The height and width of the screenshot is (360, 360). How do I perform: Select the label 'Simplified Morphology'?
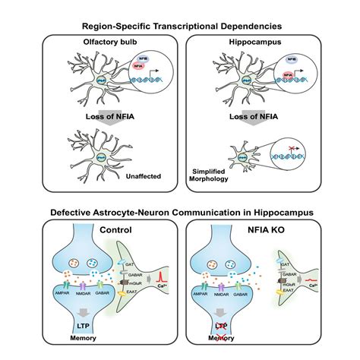(207, 177)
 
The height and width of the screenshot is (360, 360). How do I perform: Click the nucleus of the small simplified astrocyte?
(229, 156)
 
